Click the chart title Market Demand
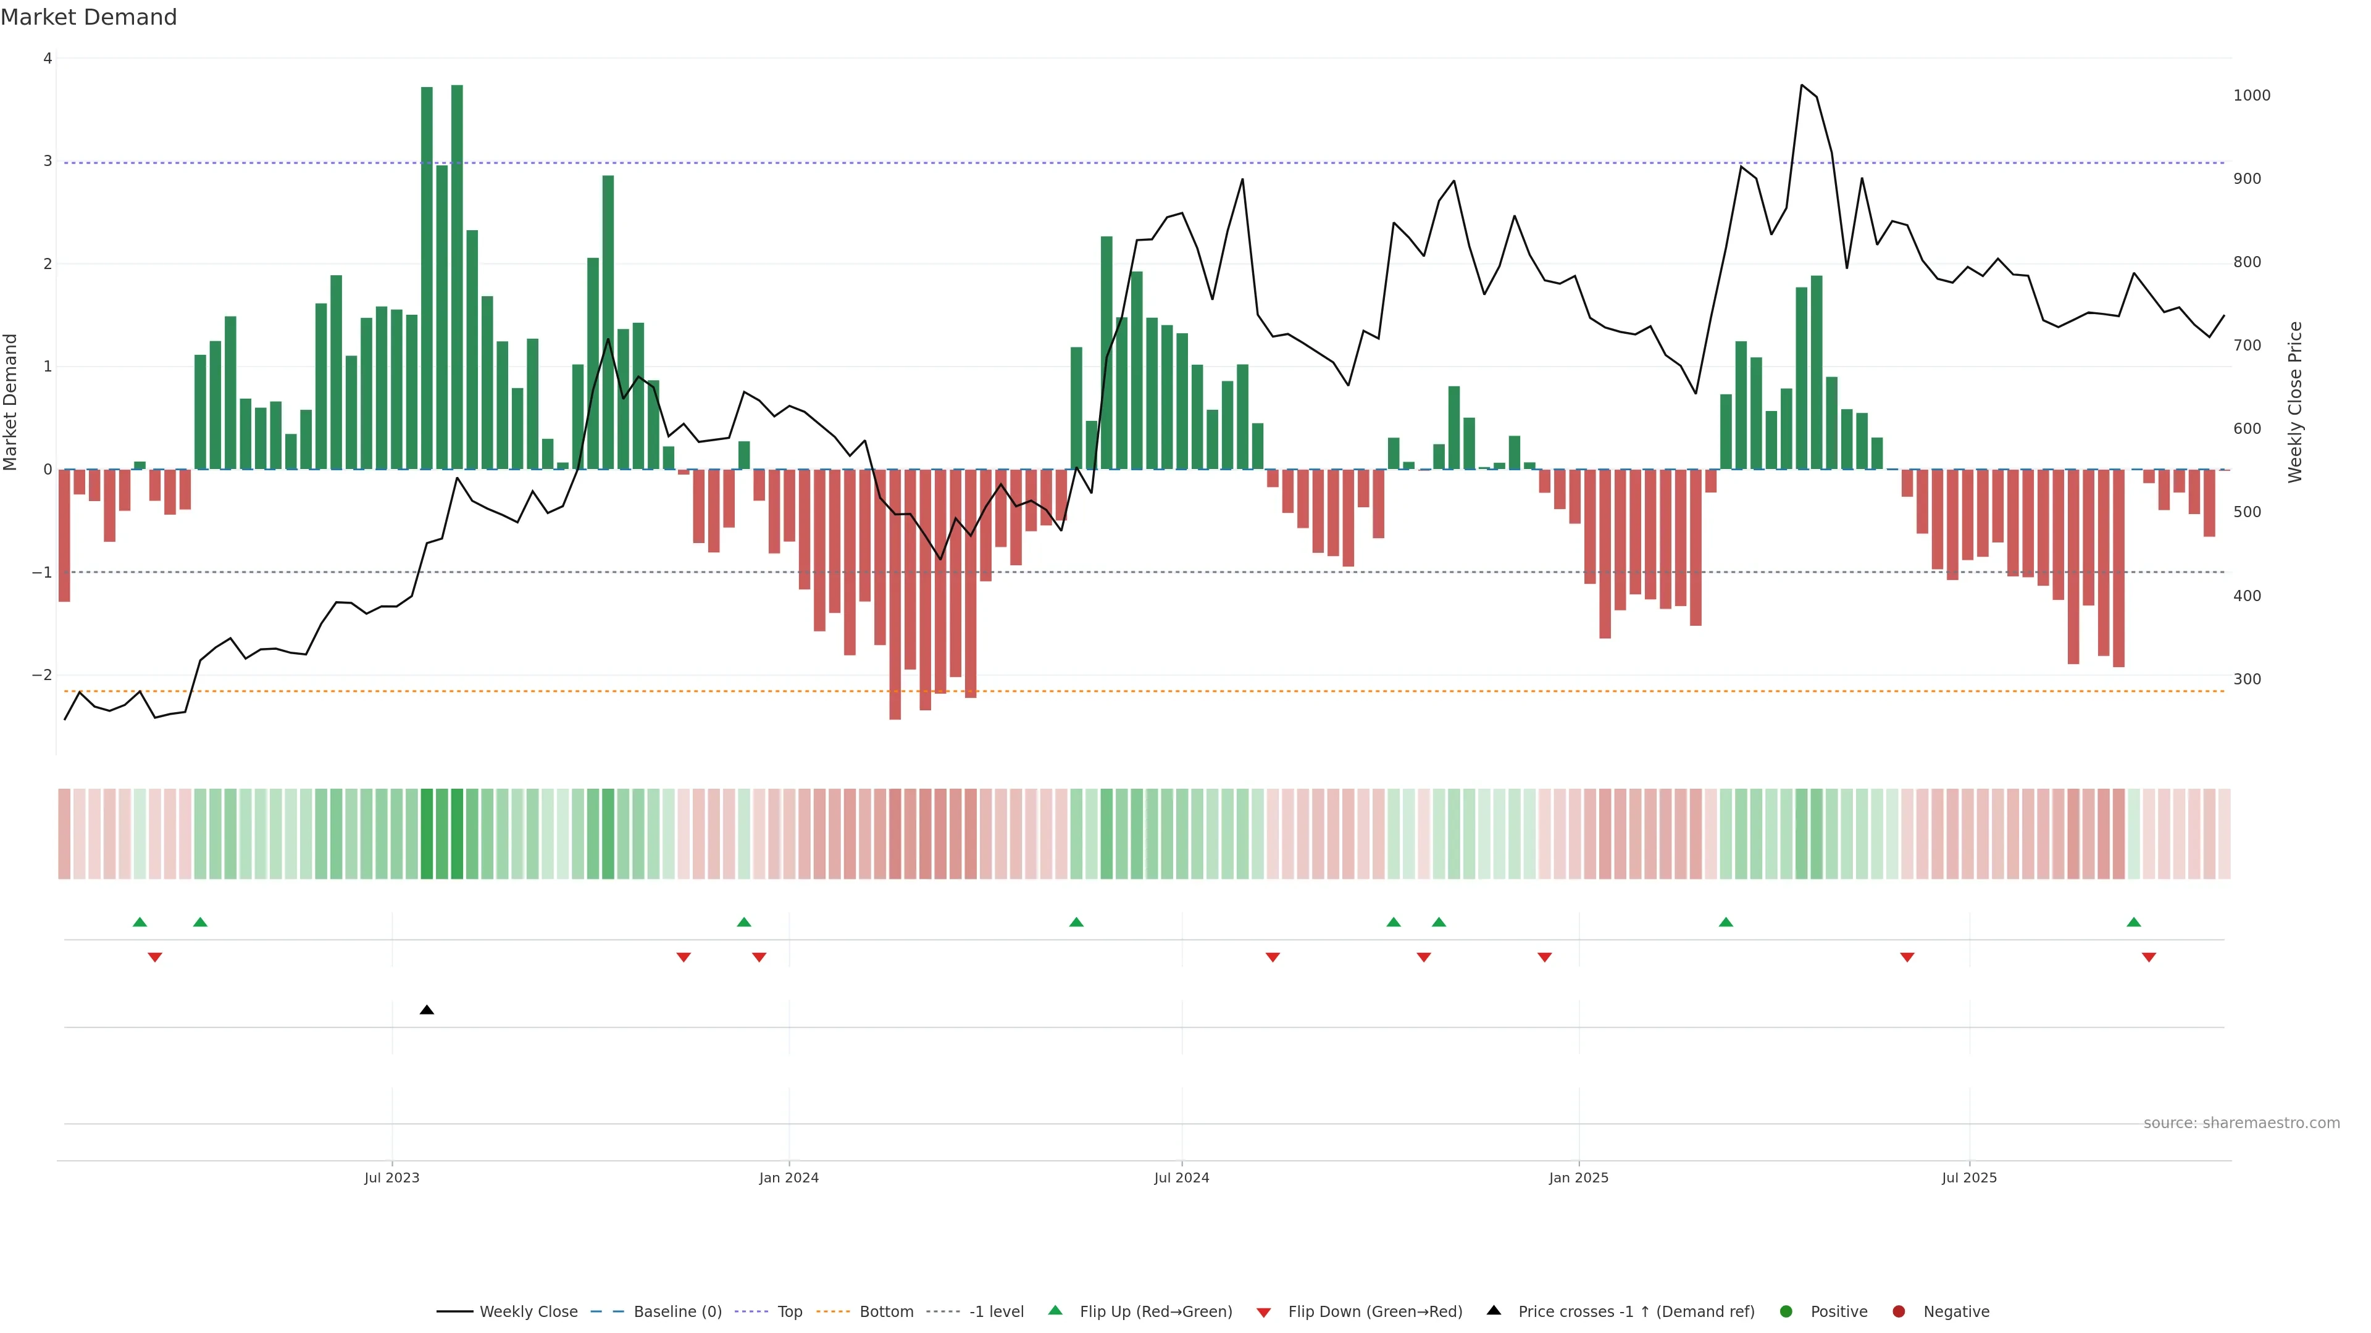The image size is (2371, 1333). tap(88, 17)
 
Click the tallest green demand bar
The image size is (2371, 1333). tap(456, 276)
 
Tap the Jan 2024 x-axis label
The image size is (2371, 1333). tap(789, 1177)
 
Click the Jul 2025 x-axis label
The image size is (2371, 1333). tap(1969, 1177)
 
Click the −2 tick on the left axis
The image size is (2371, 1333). tap(41, 675)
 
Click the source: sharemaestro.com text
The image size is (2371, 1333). tap(2241, 1123)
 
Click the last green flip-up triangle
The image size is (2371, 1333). tap(2133, 923)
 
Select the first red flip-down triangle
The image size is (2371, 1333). tap(154, 958)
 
